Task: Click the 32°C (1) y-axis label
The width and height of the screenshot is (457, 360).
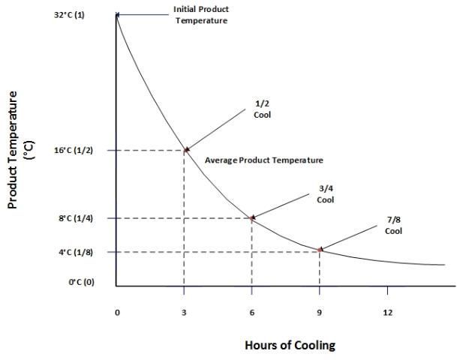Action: (69, 15)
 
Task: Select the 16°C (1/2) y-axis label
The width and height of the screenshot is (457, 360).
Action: (74, 150)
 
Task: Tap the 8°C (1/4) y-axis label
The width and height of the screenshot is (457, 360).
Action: (75, 218)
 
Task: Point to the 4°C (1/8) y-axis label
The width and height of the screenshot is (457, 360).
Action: (75, 252)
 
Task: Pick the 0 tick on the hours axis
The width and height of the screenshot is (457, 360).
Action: (117, 311)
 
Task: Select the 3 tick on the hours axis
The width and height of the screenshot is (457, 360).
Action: (184, 311)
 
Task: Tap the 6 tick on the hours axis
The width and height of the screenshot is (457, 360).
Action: (252, 311)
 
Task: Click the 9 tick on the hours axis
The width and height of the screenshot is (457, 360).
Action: (320, 311)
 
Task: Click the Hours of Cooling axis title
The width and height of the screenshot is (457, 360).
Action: (290, 345)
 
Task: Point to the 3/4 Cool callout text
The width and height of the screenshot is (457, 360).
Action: (325, 195)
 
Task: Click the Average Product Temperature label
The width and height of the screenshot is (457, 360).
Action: (263, 160)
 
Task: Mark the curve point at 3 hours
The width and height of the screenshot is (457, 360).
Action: (186, 150)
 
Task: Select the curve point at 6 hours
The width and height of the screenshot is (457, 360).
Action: (253, 217)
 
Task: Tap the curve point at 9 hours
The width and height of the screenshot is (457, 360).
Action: (320, 250)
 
